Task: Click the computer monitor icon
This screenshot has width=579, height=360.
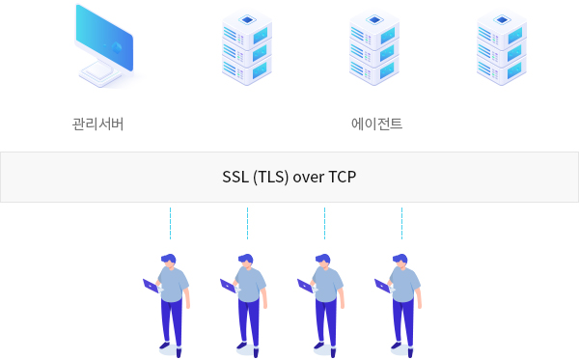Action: [105, 46]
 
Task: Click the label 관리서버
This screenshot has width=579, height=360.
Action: [97, 125]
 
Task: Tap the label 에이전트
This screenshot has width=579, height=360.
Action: [376, 125]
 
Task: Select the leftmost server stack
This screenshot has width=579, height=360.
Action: [246, 46]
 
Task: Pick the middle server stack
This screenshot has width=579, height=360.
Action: [373, 46]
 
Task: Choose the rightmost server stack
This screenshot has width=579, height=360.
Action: [501, 46]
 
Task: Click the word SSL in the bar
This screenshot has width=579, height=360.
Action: [234, 178]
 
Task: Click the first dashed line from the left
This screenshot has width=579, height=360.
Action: [170, 223]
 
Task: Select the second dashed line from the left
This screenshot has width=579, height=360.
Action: [247, 223]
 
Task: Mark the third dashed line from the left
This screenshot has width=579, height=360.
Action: [324, 223]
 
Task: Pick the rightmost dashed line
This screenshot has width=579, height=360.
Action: [401, 223]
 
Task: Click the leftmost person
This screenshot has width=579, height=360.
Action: [171, 301]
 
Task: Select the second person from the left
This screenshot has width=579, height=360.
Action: [248, 301]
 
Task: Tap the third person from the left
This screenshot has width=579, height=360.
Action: [325, 301]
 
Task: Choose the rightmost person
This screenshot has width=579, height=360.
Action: [402, 301]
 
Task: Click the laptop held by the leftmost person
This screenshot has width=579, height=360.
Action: [151, 286]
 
